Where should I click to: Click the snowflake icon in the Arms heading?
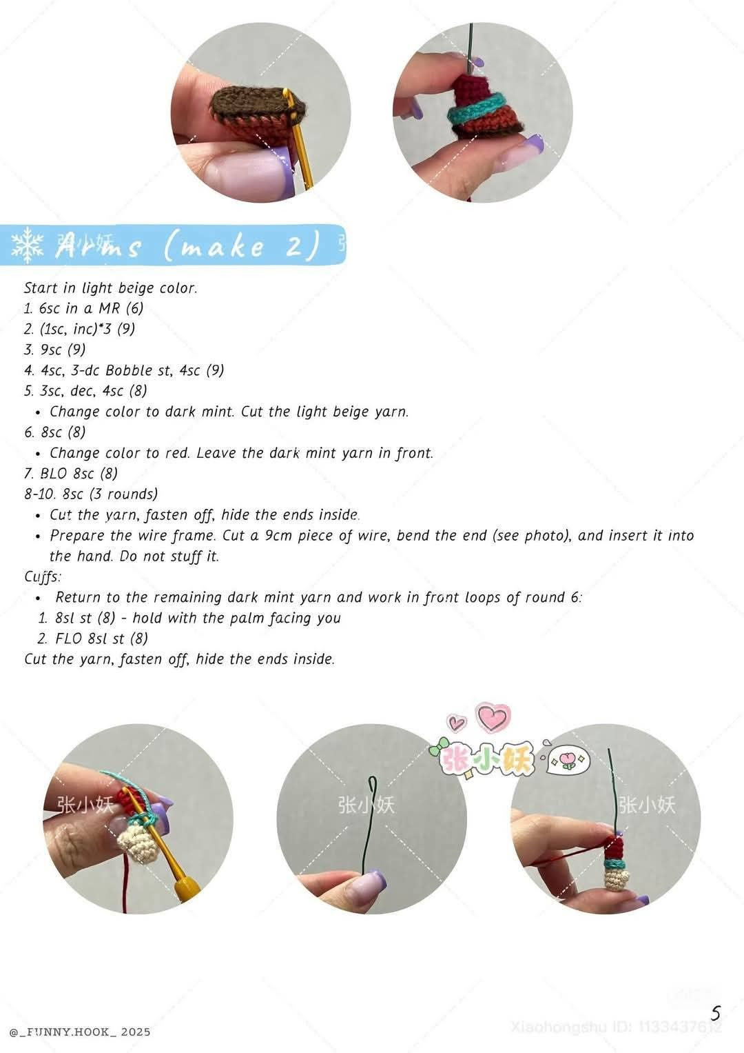click(x=28, y=245)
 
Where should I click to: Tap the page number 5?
click(x=716, y=1014)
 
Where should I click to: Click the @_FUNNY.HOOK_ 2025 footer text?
click(x=80, y=1032)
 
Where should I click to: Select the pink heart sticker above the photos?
click(x=493, y=717)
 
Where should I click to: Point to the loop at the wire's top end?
click(x=373, y=785)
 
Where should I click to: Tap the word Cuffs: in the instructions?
click(x=43, y=576)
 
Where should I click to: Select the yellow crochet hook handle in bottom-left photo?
click(x=183, y=890)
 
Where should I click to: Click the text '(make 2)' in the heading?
click(x=242, y=246)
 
